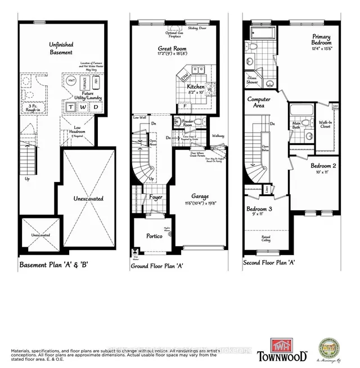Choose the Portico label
[155, 236]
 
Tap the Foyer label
[156, 197]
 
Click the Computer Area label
[259, 102]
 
